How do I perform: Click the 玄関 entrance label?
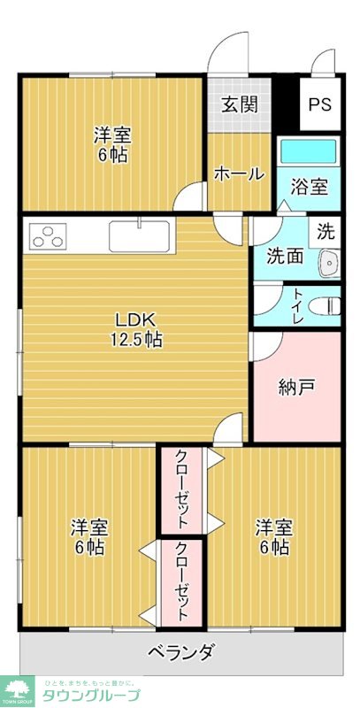(239, 104)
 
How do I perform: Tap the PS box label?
(319, 104)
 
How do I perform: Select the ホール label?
(239, 174)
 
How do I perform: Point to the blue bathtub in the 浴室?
(308, 150)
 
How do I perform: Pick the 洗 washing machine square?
(326, 233)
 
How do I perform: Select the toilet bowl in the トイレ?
(328, 305)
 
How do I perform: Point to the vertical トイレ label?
(298, 305)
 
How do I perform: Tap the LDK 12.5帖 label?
(136, 328)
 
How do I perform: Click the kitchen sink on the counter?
(140, 236)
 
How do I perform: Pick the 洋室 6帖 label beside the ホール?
(113, 146)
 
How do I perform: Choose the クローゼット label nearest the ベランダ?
(181, 581)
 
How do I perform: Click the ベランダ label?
(180, 654)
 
